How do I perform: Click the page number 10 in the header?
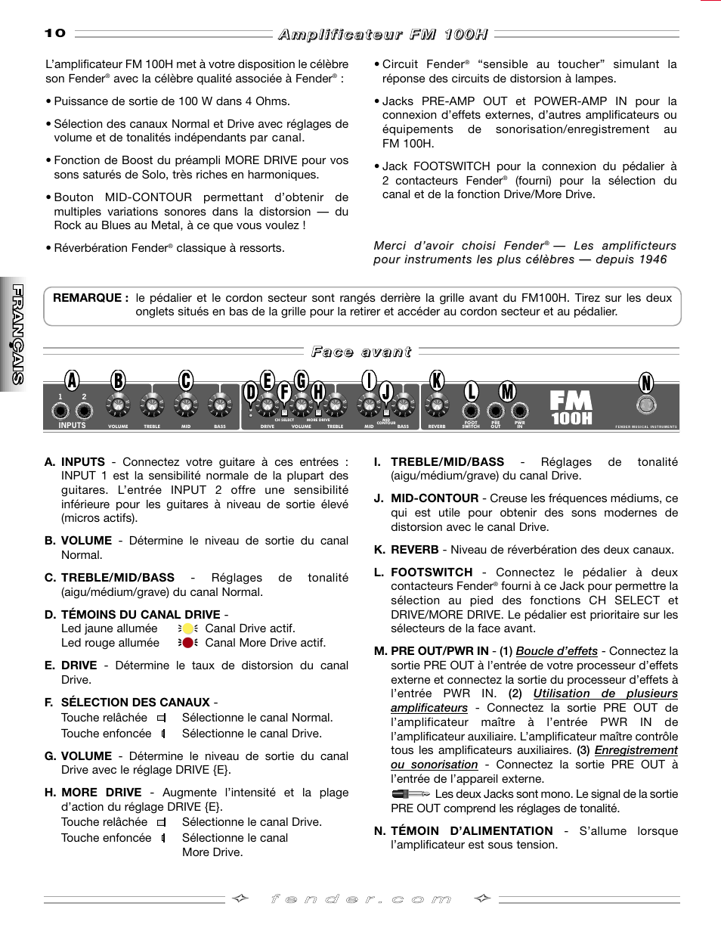(55, 33)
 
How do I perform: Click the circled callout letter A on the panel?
(72, 380)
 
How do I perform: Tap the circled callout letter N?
(646, 383)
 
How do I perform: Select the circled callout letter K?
(437, 380)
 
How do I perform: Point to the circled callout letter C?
(186, 380)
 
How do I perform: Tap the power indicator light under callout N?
(646, 405)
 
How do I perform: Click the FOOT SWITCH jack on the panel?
(471, 411)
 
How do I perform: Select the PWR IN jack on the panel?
(520, 411)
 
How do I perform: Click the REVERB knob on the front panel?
(437, 407)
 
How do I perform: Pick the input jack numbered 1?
(60, 411)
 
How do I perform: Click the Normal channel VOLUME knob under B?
(118, 406)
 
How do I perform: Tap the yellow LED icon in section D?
(188, 628)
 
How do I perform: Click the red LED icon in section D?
(188, 643)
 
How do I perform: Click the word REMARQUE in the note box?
(88, 298)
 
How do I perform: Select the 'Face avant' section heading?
(361, 352)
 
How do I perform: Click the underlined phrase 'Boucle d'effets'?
(557, 651)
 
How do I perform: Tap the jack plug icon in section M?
(411, 794)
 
